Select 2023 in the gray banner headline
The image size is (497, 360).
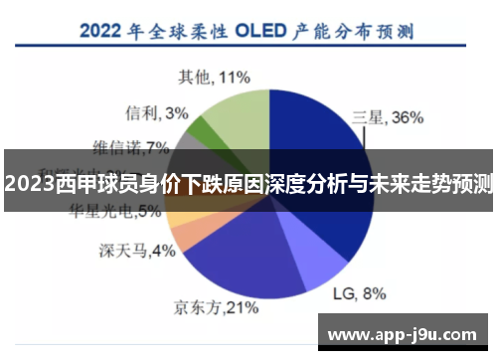(x=30, y=181)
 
